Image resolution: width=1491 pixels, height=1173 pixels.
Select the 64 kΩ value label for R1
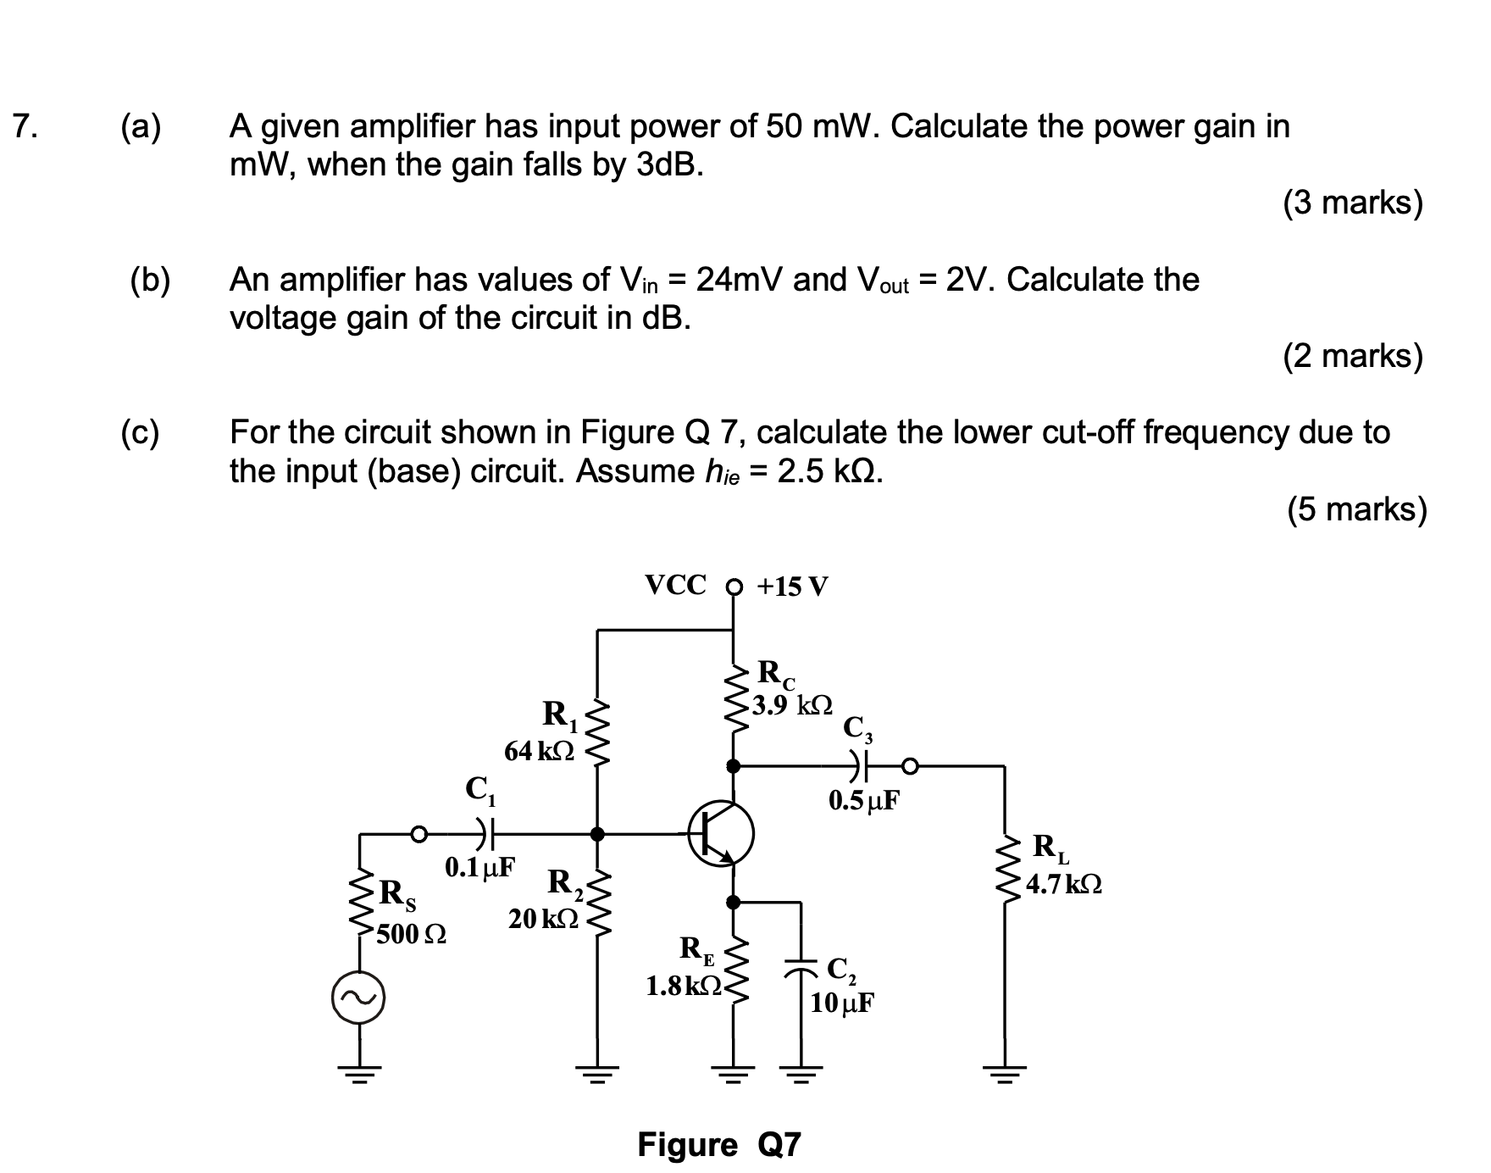click(x=539, y=751)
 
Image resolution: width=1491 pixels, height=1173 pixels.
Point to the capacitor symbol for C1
click(x=484, y=834)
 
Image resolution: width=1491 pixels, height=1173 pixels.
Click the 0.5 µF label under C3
click(x=864, y=801)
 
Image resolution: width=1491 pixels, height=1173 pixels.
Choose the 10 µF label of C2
click(x=842, y=1003)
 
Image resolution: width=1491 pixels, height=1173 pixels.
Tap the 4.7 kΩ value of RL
click(x=1064, y=885)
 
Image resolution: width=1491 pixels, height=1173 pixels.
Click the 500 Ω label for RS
click(x=412, y=935)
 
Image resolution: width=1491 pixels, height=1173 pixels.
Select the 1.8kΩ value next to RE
click(x=683, y=986)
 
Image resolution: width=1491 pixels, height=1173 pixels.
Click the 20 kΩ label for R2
click(x=543, y=918)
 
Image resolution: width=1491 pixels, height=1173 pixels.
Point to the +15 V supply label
click(x=791, y=586)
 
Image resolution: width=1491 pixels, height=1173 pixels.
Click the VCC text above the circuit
click(x=675, y=585)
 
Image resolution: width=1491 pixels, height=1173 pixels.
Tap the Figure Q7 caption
click(x=718, y=1145)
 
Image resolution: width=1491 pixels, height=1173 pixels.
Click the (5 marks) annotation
click(x=1356, y=509)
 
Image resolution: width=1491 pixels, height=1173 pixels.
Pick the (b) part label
click(x=150, y=280)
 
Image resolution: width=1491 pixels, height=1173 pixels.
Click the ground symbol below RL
click(x=1005, y=1077)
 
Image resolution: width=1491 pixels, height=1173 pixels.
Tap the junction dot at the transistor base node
click(x=597, y=834)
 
